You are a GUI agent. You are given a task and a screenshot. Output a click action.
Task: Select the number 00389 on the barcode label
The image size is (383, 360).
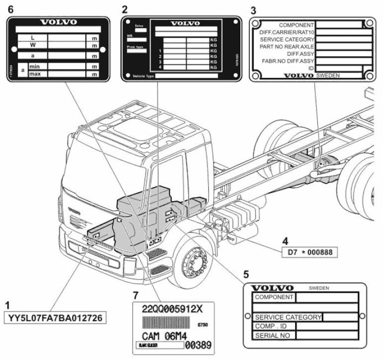198,344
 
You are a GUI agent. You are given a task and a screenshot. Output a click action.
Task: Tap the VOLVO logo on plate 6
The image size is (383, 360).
59,22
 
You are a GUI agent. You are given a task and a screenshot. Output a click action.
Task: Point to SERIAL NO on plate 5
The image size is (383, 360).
273,335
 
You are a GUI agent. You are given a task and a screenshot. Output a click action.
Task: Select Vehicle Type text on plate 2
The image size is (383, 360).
143,76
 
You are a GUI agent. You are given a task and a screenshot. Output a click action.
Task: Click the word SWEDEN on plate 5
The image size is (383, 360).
319,288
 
